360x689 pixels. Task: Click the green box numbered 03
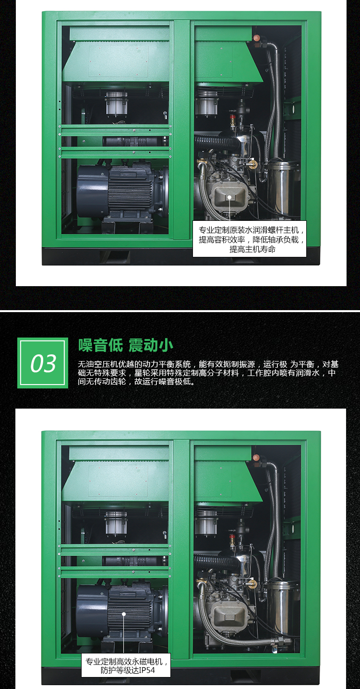click(x=43, y=363)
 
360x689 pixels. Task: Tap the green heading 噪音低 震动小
click(x=125, y=345)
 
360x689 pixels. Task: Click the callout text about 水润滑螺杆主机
click(x=250, y=239)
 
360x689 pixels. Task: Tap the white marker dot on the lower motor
click(x=124, y=614)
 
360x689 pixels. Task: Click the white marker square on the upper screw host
click(x=229, y=197)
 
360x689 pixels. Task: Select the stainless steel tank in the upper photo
click(x=282, y=188)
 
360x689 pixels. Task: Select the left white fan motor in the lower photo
click(x=116, y=523)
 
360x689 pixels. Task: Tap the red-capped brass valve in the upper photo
click(x=233, y=121)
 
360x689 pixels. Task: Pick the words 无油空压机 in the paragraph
click(x=94, y=364)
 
